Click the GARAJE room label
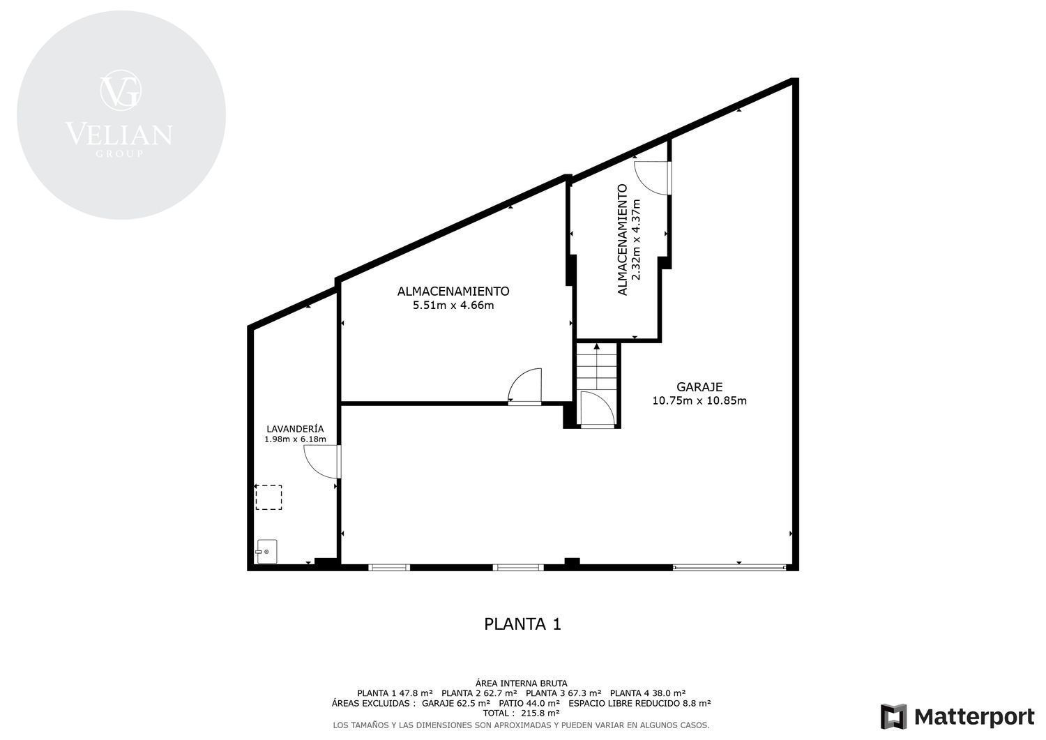click(x=699, y=387)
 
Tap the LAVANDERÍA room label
click(x=295, y=429)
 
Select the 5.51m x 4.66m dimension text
click(x=453, y=305)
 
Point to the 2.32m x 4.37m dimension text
click(x=635, y=239)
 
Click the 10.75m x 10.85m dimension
click(x=699, y=400)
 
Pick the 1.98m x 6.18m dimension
click(x=295, y=439)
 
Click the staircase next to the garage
click(x=596, y=368)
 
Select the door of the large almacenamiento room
click(x=524, y=386)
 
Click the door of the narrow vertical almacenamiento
click(x=653, y=178)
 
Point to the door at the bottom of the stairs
click(x=597, y=409)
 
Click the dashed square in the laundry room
click(x=268, y=497)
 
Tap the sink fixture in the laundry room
click(x=266, y=552)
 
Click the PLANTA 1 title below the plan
click(x=522, y=624)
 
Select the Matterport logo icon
click(x=893, y=716)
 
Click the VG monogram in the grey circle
click(x=121, y=90)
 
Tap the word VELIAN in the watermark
click(x=119, y=134)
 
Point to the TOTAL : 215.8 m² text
click(x=521, y=713)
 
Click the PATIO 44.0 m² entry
click(x=529, y=703)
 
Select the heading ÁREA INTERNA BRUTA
click(x=521, y=683)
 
